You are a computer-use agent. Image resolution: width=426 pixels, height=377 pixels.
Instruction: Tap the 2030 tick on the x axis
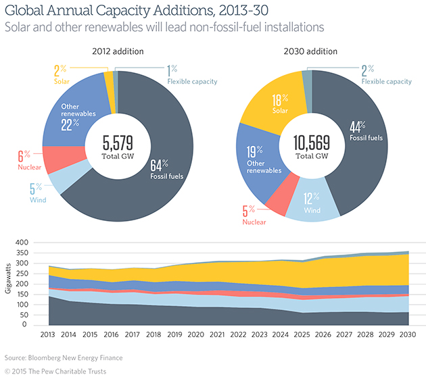[408, 334]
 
